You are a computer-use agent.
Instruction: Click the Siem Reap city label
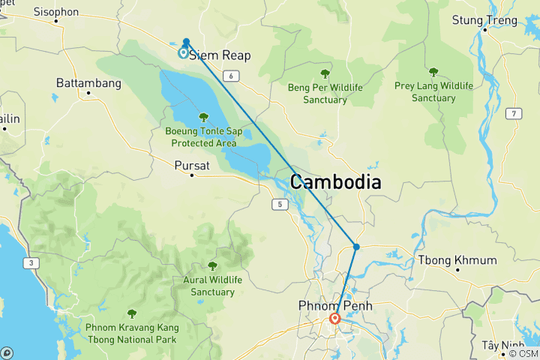click(218, 55)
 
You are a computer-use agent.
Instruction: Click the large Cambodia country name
click(335, 182)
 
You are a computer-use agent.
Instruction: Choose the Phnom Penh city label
click(334, 305)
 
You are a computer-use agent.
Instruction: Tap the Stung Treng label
click(484, 20)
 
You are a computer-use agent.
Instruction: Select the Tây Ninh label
click(502, 344)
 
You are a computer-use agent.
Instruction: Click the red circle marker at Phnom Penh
click(334, 319)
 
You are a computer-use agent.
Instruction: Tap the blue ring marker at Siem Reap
click(183, 52)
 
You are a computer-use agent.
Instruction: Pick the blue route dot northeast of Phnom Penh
click(356, 247)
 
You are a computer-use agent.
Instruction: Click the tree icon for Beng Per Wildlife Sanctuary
click(325, 74)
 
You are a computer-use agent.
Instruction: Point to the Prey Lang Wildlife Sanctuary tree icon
click(433, 73)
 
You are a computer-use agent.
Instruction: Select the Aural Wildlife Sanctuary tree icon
click(212, 265)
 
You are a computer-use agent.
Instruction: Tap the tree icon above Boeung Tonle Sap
click(203, 117)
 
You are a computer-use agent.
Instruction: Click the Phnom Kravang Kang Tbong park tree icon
click(132, 313)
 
